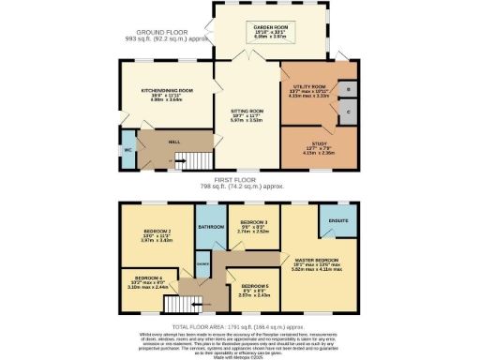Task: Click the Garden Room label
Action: coord(271,28)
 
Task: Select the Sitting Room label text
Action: coord(247,111)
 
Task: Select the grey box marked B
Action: coord(348,89)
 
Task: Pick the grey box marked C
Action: coord(348,111)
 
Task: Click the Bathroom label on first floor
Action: coord(210,227)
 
